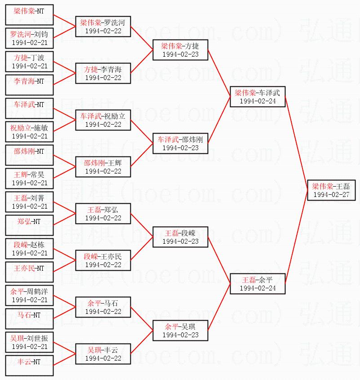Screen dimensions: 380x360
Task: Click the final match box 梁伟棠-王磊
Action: coord(332,190)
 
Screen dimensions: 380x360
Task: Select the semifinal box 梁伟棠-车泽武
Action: coord(257,97)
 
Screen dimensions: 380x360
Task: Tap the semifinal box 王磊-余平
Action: coord(257,284)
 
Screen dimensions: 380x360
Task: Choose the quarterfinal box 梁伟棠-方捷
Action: coord(180,50)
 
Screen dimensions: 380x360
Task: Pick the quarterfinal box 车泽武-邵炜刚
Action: coord(180,143)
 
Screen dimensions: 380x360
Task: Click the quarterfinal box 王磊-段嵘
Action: coord(180,237)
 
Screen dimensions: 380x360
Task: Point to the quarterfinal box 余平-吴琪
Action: coord(180,331)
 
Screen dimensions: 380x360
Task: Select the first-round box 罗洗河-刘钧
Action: coord(29,38)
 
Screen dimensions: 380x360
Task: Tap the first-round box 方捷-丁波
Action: coord(29,62)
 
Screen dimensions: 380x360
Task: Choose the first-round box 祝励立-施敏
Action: coord(29,132)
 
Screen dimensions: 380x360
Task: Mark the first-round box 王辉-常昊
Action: coord(29,179)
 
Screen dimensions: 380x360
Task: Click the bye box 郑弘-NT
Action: coord(29,225)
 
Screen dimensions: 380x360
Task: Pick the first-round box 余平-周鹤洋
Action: coord(29,295)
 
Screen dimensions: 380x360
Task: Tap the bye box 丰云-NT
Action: coord(29,366)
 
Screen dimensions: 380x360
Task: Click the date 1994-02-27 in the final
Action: coord(332,195)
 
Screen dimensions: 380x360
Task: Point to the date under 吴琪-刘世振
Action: coord(29,347)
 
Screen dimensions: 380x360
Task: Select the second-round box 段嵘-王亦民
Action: coord(103,260)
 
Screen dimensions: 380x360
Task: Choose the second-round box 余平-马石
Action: coord(103,307)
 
